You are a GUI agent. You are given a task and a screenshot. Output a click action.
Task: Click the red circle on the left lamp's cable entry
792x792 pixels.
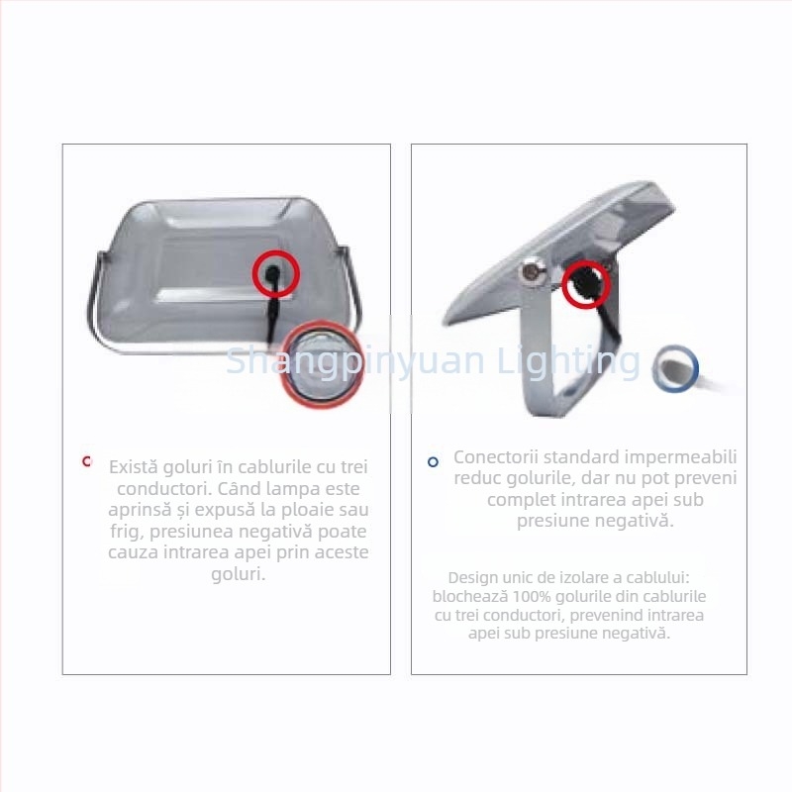tap(276, 252)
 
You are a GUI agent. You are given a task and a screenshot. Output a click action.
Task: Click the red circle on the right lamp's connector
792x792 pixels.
tap(586, 262)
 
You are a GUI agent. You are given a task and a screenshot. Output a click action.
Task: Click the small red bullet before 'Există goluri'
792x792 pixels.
tap(87, 461)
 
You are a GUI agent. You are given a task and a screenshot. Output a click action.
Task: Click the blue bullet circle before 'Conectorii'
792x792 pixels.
tap(433, 461)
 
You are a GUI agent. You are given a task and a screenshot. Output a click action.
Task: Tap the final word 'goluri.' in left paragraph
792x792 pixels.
tap(238, 574)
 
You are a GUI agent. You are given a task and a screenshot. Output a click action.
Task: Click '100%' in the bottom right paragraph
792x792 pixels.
tap(532, 597)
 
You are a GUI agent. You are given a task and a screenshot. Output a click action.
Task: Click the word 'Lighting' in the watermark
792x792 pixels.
tap(568, 362)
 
